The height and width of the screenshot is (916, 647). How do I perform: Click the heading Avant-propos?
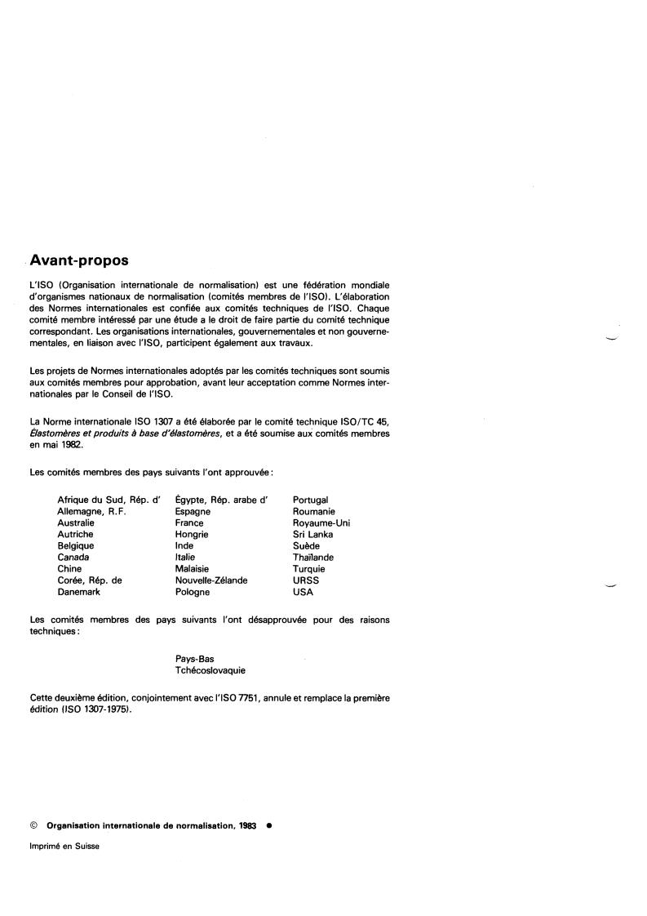(x=79, y=261)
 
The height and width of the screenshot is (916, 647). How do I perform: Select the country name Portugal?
(x=310, y=500)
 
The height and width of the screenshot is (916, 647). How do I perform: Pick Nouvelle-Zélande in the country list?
(x=211, y=580)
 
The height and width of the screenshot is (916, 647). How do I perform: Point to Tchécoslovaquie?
(x=210, y=670)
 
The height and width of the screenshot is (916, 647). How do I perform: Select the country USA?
(x=303, y=592)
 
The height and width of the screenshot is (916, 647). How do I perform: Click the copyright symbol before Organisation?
(x=33, y=825)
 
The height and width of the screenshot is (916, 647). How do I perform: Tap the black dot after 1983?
(x=269, y=825)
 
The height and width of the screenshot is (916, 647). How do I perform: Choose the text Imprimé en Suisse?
(x=64, y=847)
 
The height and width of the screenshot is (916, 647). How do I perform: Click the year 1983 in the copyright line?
(x=248, y=825)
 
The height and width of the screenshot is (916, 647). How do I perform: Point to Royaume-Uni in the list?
(x=321, y=522)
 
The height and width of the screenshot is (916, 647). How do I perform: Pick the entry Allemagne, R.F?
(x=91, y=511)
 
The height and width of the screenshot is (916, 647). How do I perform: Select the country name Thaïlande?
(x=313, y=558)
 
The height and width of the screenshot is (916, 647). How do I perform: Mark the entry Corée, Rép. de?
(x=89, y=580)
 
